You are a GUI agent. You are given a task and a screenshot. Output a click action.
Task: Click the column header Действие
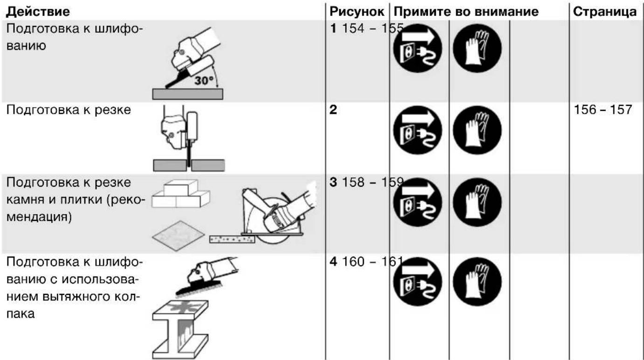click(38, 12)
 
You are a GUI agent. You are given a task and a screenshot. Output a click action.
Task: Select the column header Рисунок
click(357, 12)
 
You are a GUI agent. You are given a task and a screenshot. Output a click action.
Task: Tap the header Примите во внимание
click(466, 12)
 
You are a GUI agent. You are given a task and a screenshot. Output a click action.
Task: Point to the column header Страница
click(604, 12)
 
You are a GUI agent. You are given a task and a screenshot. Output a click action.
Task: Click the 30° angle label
click(204, 81)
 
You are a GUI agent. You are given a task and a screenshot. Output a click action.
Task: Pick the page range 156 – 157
click(603, 110)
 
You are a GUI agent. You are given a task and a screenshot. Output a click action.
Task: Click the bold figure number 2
click(333, 110)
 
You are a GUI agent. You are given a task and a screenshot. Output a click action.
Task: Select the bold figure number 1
click(333, 28)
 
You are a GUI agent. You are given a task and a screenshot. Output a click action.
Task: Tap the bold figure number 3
click(333, 183)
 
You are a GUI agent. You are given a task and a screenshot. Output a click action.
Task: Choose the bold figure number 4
click(333, 262)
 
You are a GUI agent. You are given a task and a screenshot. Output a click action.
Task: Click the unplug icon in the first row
click(418, 48)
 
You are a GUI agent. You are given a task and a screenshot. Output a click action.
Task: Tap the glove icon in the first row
click(477, 48)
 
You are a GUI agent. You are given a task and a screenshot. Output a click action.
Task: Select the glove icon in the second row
click(477, 130)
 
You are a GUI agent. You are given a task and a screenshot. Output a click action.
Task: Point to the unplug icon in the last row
click(418, 282)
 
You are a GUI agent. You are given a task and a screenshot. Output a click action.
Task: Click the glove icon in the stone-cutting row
click(477, 202)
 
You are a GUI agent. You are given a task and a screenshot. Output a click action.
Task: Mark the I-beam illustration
click(180, 330)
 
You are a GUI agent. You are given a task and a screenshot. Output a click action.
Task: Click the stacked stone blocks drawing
click(180, 193)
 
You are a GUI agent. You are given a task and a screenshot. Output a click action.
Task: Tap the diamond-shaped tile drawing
click(178, 236)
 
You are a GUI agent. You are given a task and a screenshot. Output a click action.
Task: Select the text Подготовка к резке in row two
click(69, 110)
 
